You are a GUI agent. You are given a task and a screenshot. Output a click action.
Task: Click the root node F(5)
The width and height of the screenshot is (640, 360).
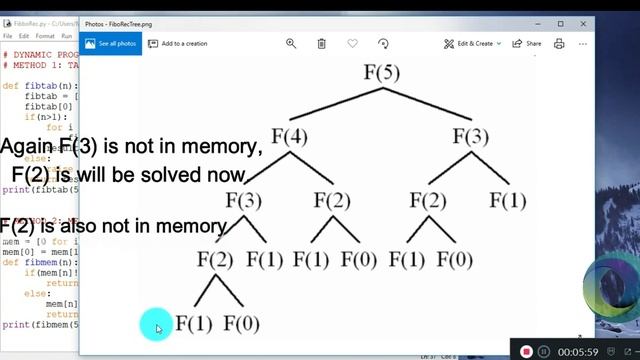[381, 72]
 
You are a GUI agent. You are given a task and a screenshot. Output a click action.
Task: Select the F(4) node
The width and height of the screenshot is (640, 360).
[289, 136]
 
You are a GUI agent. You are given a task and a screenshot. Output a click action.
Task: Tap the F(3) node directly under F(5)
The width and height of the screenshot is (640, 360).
[471, 136]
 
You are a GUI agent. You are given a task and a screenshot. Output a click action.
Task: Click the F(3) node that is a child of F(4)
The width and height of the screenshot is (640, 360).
[243, 200]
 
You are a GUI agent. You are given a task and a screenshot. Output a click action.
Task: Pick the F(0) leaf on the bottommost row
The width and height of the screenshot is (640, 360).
[241, 323]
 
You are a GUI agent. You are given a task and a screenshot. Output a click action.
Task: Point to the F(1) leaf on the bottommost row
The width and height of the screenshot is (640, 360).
[193, 323]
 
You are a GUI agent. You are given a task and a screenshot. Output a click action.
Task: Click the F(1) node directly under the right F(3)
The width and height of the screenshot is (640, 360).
[508, 200]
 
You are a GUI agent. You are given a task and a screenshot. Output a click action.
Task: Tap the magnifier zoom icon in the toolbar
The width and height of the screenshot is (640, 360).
[291, 44]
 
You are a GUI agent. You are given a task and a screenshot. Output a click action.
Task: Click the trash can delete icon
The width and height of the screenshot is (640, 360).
[321, 44]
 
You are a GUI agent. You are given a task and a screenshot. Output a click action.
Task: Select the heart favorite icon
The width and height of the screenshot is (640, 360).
[352, 44]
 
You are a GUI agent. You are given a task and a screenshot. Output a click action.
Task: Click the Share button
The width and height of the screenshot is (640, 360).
[527, 44]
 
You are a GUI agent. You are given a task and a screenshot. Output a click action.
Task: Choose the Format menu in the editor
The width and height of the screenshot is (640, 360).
[44, 36]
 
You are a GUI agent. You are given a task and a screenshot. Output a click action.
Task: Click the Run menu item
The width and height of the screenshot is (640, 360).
[67, 36]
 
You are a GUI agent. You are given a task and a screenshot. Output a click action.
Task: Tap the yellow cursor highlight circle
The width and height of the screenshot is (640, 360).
[155, 324]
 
